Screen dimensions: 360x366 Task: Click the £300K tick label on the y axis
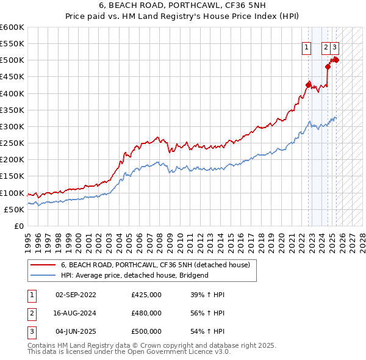point(12,126)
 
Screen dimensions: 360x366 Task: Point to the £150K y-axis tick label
point(12,176)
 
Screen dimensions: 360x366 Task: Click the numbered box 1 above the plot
point(306,49)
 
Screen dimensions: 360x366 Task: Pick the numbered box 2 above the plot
point(326,49)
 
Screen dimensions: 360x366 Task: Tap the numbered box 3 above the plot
point(335,49)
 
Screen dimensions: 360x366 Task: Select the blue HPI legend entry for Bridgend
point(134,275)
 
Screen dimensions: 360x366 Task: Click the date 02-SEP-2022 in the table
point(76,295)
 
